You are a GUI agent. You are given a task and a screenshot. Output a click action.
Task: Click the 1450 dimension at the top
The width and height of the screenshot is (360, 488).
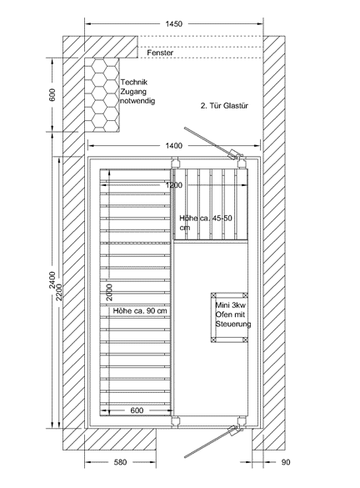(174, 24)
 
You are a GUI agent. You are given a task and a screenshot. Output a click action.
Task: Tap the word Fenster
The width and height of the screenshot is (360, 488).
(160, 53)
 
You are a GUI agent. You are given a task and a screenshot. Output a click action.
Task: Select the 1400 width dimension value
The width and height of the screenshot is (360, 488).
(174, 145)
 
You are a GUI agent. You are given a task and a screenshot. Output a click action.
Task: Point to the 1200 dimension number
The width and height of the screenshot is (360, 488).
(174, 185)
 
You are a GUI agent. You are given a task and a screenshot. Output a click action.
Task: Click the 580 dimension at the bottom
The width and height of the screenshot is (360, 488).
(120, 462)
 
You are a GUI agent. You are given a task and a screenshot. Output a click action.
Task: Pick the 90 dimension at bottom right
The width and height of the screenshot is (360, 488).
(286, 462)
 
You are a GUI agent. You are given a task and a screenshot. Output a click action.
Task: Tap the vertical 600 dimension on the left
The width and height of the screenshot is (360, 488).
(52, 94)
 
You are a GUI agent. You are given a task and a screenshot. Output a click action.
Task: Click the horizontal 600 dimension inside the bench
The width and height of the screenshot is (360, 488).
(137, 410)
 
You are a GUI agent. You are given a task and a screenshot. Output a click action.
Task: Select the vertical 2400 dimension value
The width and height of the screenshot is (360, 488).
(52, 280)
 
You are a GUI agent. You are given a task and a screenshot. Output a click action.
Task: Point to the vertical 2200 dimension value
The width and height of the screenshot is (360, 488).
(59, 292)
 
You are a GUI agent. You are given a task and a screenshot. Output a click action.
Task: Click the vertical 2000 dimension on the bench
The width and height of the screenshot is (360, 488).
(109, 292)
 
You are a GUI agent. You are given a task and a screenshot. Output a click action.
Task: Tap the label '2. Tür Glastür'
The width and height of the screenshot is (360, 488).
(224, 106)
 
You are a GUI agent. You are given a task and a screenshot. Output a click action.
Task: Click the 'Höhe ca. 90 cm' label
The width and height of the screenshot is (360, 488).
(140, 310)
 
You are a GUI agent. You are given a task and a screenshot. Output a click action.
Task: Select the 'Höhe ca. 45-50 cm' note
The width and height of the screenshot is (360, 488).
(206, 223)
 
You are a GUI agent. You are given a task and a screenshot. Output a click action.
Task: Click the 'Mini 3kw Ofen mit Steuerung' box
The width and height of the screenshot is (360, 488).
(229, 318)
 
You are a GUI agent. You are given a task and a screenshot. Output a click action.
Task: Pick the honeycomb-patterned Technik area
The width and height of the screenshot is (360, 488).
(102, 95)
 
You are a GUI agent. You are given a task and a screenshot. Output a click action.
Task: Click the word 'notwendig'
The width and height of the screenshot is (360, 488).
(137, 101)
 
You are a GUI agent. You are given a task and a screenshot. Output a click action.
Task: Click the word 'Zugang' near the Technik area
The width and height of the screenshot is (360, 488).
(133, 92)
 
